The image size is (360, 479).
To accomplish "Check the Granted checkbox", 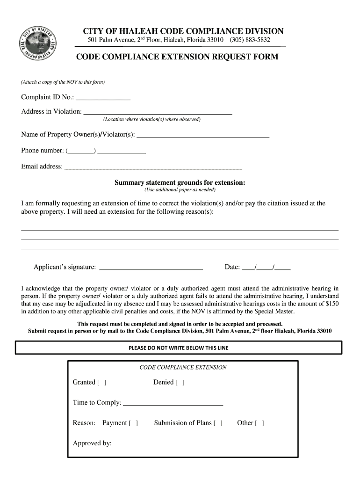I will pos(102,383).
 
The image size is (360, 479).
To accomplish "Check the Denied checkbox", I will pos(180,383).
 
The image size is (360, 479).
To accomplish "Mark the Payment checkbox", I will pos(133,423).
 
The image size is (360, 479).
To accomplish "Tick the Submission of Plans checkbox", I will pos(218,423).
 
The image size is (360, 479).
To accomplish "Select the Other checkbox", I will pos(259,423).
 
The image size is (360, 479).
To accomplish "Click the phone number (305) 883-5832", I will pos(250,40).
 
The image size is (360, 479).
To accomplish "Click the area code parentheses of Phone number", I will pos(81,151).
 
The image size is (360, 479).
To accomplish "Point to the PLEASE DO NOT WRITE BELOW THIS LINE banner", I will pos(179,348).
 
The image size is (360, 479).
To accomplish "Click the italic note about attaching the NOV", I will pos(63,82).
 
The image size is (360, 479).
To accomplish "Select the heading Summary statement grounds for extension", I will pos(180,182).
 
